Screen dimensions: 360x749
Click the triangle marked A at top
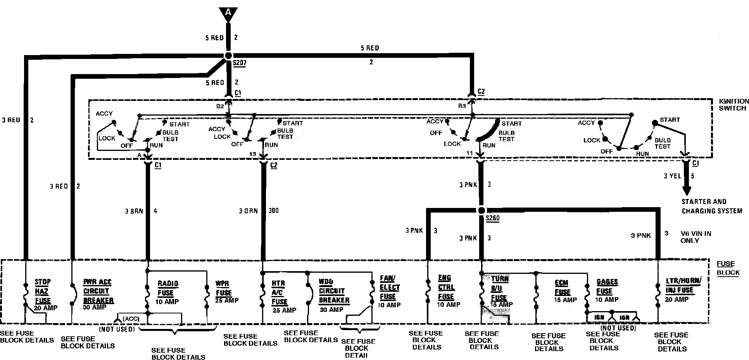coord(228,14)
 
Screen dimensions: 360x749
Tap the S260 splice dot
coord(481,210)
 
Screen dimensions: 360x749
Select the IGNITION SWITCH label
coord(733,105)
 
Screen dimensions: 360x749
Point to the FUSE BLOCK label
coord(728,268)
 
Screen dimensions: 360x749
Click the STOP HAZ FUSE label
coord(43,291)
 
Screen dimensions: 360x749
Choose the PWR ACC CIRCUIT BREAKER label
coord(98,291)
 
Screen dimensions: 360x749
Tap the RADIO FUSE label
coord(168,288)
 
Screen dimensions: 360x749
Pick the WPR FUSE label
coord(224,288)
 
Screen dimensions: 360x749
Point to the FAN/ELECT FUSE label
coord(390,287)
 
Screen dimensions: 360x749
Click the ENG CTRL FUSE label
coord(446,287)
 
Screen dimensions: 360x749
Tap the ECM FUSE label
coord(563,287)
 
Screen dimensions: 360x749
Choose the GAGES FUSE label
coord(607,287)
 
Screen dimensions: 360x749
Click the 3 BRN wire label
coord(134,211)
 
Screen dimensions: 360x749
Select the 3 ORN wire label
coord(248,211)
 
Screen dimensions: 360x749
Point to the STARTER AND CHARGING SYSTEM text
coord(712,206)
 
